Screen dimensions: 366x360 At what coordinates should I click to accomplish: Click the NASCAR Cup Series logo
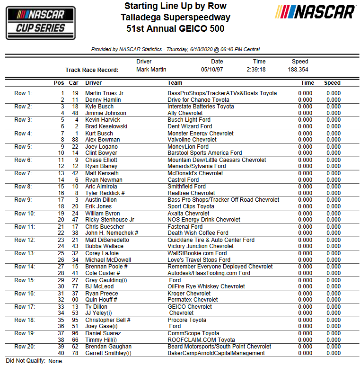[x=41, y=23]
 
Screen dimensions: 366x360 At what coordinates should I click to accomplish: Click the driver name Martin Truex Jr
[x=104, y=93]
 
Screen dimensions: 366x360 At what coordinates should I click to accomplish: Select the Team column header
[x=175, y=83]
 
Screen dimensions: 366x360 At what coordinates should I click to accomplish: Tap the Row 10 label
[x=24, y=214]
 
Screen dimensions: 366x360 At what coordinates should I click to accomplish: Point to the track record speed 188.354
[x=298, y=70]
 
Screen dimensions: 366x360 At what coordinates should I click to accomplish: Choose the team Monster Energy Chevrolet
[x=201, y=134]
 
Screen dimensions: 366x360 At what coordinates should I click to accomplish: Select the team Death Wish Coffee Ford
[x=198, y=233]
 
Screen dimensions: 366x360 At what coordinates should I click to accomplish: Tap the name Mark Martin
[x=151, y=70]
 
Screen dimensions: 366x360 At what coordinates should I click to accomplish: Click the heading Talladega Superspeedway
[x=176, y=18]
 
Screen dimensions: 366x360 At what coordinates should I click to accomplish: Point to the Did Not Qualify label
[x=26, y=361]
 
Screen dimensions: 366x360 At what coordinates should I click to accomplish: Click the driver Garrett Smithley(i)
[x=108, y=353]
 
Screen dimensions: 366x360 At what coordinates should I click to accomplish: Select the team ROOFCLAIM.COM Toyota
[x=201, y=340]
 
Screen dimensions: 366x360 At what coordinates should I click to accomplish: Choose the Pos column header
[x=59, y=83]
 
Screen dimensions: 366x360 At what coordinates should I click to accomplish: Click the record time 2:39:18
[x=256, y=70]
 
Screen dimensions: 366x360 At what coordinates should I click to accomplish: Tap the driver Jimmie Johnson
[x=105, y=113]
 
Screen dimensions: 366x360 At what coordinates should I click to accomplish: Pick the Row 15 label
[x=24, y=280]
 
